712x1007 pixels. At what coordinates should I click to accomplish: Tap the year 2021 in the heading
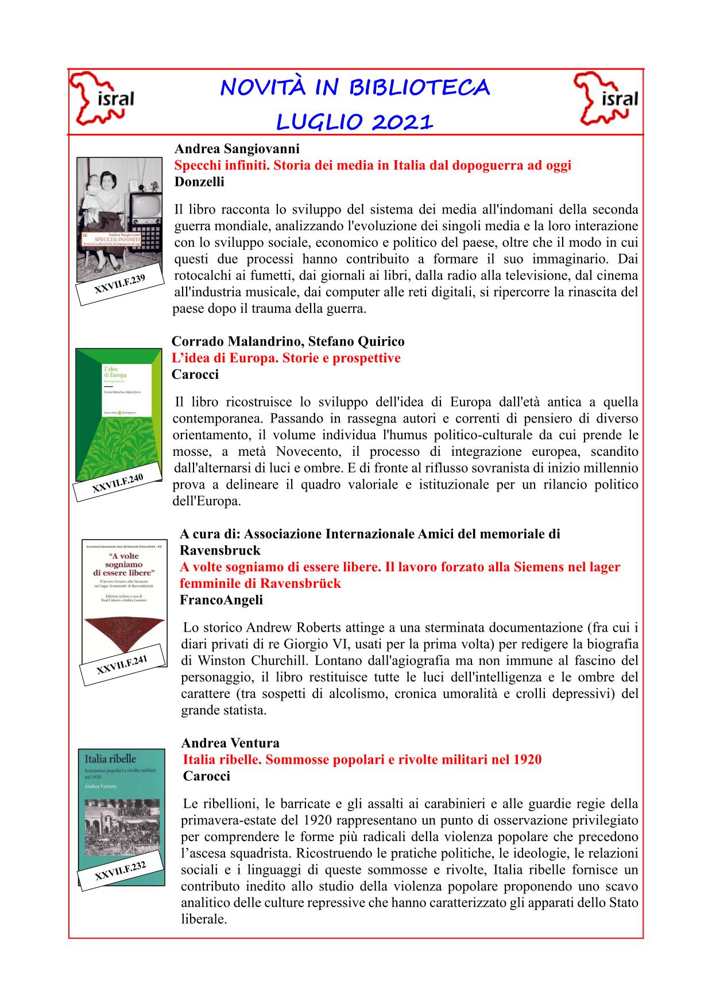(x=401, y=122)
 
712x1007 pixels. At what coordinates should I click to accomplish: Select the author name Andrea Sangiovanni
(x=237, y=149)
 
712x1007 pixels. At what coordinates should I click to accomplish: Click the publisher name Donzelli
(x=200, y=182)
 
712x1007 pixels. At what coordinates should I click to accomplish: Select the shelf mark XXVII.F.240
(x=118, y=483)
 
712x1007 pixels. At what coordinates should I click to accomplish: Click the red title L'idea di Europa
(x=286, y=358)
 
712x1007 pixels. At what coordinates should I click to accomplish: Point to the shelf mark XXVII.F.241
(x=122, y=665)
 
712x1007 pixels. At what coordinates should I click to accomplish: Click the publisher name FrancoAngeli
(x=221, y=600)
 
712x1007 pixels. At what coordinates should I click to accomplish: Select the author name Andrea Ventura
(x=230, y=743)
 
